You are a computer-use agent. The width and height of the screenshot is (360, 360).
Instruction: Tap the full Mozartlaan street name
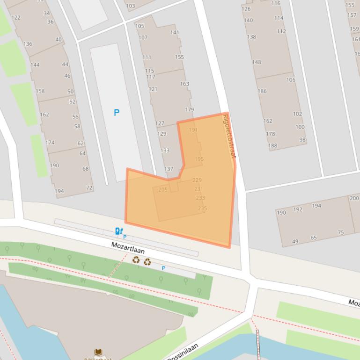point(128,248)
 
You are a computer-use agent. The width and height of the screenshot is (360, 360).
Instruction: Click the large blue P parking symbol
point(117,113)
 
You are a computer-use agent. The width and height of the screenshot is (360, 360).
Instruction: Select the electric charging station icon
point(119,231)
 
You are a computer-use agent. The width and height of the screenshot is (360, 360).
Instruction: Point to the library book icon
point(98,352)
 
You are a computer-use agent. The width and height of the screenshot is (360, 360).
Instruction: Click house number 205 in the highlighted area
point(163,190)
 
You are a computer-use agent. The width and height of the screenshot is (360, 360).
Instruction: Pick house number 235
point(202,209)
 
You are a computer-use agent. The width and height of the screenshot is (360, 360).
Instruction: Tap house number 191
point(193,130)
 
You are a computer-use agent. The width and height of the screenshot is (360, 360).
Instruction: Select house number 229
point(197,180)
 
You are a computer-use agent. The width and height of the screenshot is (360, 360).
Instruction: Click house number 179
point(189,110)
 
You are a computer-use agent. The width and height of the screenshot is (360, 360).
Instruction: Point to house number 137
point(169,169)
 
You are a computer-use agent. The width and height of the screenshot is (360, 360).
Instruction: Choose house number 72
point(89,188)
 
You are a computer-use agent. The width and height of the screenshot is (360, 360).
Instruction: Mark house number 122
point(16,18)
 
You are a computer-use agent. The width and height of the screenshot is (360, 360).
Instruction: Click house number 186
point(262,91)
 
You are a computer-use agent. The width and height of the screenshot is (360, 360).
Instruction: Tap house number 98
point(302,140)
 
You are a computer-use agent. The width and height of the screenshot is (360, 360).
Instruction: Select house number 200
point(354,198)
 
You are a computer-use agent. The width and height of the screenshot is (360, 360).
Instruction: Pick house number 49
point(295,242)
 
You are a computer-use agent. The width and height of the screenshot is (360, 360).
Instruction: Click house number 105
point(140,26)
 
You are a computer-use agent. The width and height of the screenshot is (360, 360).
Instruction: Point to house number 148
point(257,62)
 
